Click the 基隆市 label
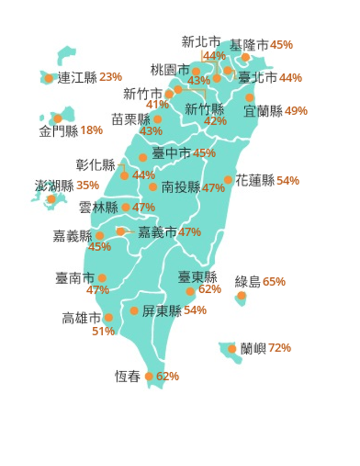click(249, 45)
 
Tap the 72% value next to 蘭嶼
click(280, 348)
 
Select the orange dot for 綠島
click(241, 296)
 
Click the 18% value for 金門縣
click(92, 130)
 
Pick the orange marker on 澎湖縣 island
click(51, 199)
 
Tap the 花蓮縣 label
click(255, 180)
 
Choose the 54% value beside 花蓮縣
click(288, 180)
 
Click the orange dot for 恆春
click(149, 377)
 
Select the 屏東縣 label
click(162, 311)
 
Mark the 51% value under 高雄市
click(103, 331)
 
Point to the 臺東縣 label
click(198, 277)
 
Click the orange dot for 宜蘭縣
click(249, 98)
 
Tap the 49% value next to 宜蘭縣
click(296, 111)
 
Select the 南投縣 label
click(181, 187)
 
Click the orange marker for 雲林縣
click(126, 207)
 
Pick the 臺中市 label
click(171, 153)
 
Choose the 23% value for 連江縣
click(110, 77)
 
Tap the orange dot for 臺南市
click(102, 278)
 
